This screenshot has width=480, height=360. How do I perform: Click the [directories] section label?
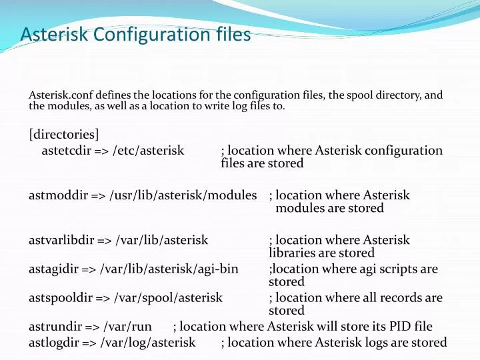coord(64,134)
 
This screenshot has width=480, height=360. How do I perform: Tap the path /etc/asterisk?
coord(148,151)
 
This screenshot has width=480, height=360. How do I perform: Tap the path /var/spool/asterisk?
coord(168,297)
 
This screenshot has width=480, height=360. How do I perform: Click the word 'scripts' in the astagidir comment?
coord(392,269)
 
